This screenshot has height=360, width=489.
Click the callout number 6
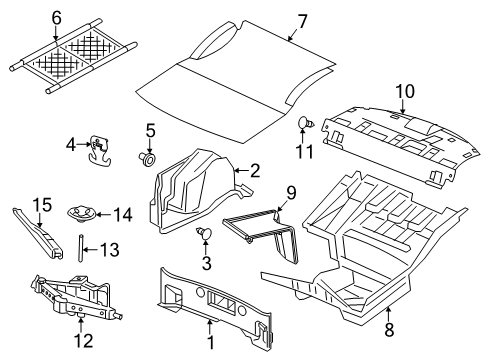tap(57, 17)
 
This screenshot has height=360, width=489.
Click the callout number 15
tap(39, 205)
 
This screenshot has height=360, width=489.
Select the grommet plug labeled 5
tap(150, 157)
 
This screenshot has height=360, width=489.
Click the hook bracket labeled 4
tap(99, 148)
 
